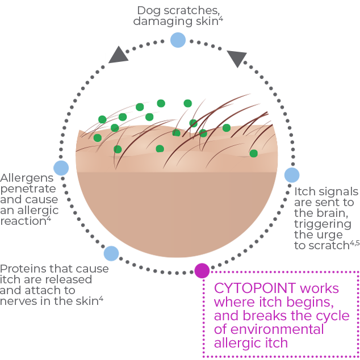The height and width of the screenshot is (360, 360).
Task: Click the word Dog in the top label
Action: pyautogui.click(x=148, y=10)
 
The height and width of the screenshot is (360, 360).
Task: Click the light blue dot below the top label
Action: pyautogui.click(x=178, y=40)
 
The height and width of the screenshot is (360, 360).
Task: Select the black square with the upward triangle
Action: pyautogui.click(x=118, y=54)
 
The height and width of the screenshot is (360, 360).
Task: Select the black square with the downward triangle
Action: pyautogui.click(x=236, y=59)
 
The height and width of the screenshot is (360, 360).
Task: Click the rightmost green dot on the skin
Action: pyautogui.click(x=253, y=153)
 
